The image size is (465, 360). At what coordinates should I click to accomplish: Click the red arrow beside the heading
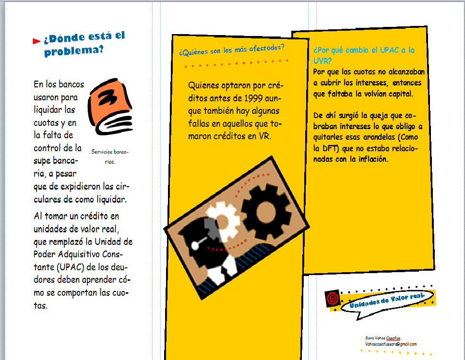tap(36, 41)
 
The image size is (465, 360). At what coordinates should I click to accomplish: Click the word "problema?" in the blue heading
tap(74, 51)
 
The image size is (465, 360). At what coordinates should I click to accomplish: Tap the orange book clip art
tap(110, 107)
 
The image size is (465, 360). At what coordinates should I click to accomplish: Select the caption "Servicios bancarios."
tap(110, 156)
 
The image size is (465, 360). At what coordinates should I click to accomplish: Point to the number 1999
tap(253, 98)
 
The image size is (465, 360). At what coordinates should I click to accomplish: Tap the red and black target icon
tap(333, 298)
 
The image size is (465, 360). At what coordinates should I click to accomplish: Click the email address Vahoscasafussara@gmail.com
tap(391, 344)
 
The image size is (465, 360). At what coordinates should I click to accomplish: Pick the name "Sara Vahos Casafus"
tap(383, 338)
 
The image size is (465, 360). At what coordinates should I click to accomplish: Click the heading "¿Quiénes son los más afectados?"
tap(232, 50)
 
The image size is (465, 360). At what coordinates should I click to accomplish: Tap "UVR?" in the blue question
tap(322, 61)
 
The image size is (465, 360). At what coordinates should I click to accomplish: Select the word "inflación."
tap(373, 159)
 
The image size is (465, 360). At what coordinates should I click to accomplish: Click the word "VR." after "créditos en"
tap(265, 136)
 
